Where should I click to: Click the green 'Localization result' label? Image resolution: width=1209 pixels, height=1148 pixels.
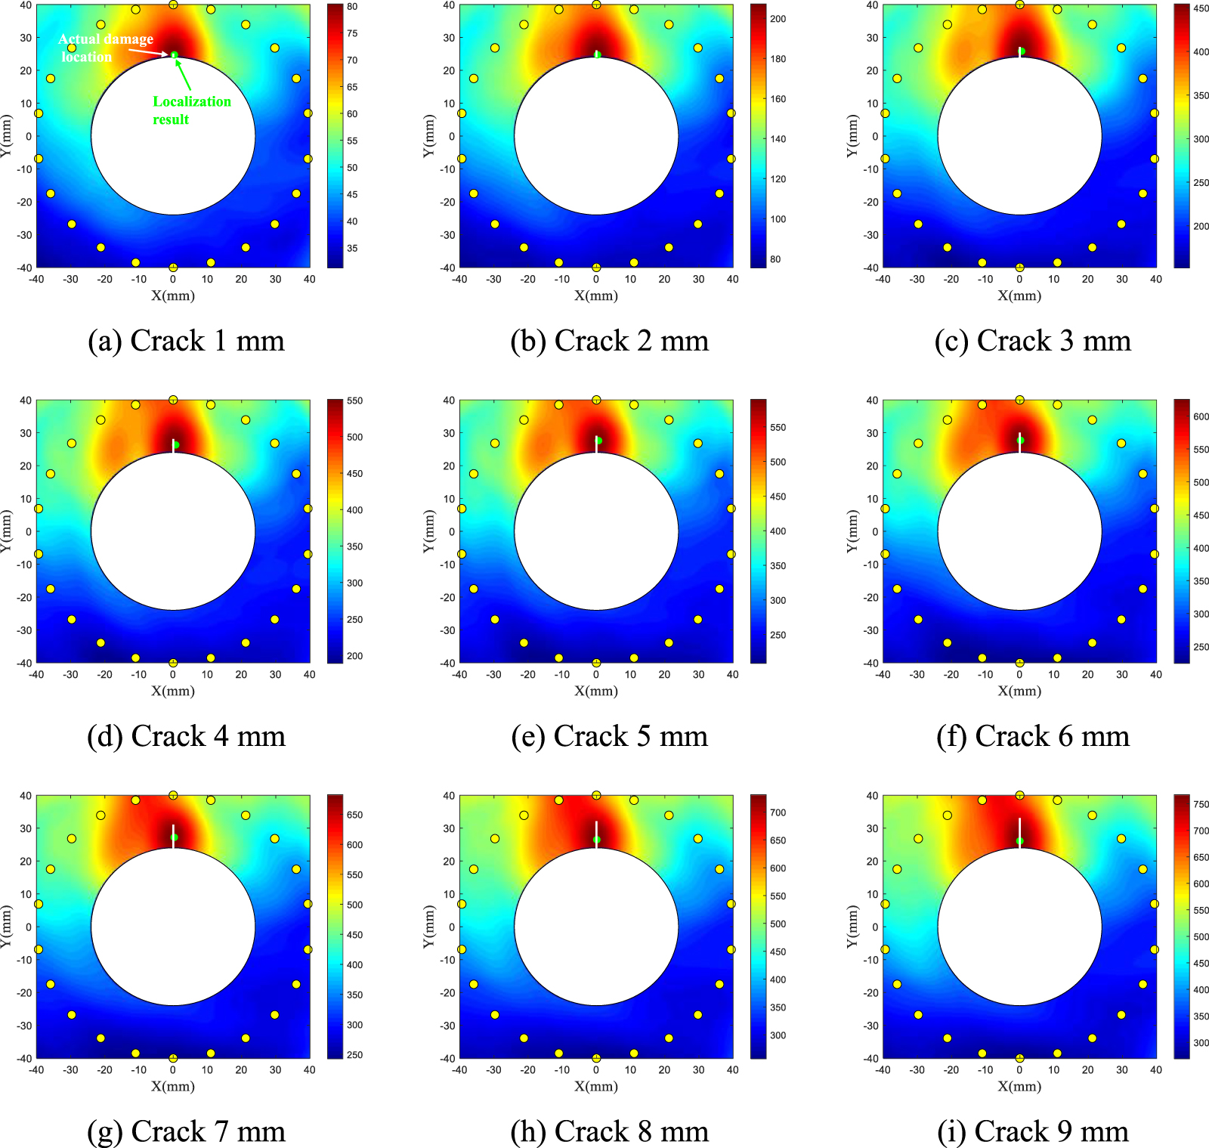point(192,110)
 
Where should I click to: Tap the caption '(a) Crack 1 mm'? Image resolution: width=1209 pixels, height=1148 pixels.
point(186,341)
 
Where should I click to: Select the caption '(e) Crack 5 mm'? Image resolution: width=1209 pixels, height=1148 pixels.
point(609,736)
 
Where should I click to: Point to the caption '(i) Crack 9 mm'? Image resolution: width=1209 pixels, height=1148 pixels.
point(1032,1131)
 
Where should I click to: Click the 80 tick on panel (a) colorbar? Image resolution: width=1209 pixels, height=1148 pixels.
point(352,7)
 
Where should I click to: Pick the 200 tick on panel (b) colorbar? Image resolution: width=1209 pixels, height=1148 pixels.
point(778,19)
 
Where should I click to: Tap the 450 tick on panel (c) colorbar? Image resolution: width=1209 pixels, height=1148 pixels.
point(1201,8)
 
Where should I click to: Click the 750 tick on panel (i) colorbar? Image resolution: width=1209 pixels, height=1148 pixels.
point(1201,804)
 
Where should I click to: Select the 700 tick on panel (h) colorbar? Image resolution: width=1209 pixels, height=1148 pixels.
point(778,812)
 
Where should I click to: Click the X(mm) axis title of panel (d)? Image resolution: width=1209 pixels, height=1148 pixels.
point(173,691)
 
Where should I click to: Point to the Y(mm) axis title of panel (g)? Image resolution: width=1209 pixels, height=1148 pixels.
point(7,927)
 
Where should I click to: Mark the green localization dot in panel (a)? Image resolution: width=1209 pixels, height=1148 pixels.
point(174,55)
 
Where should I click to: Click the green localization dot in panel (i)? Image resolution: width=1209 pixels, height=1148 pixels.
point(1020,841)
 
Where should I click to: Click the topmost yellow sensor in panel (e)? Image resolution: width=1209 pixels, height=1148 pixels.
point(596,400)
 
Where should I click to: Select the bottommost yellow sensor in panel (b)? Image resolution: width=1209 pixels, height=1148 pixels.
point(596,268)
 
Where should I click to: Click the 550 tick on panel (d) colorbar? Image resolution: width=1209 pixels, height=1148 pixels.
point(354,401)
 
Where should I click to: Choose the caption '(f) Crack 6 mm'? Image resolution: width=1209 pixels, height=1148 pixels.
point(1032,736)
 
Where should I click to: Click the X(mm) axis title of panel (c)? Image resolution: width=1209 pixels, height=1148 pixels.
point(1019,296)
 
